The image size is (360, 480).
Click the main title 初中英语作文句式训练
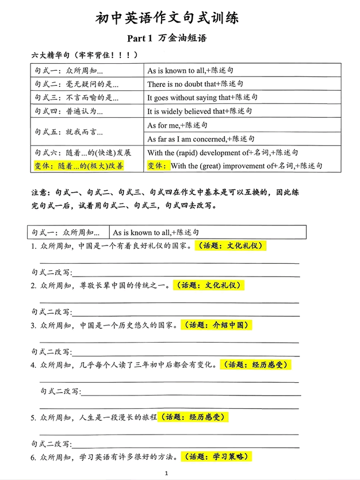pyautogui.click(x=167, y=18)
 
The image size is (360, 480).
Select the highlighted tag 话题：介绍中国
pyautogui.click(x=217, y=325)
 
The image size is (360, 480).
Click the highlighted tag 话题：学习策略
pyautogui.click(x=216, y=457)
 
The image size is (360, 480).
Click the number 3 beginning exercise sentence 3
pyautogui.click(x=34, y=325)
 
